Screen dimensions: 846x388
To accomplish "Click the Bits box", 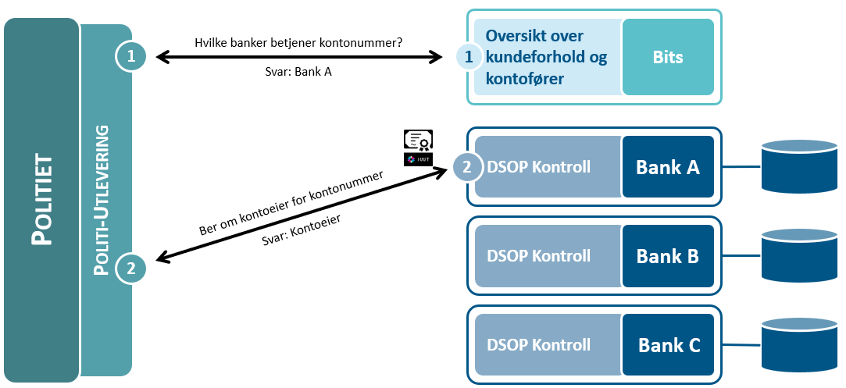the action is pyautogui.click(x=668, y=57).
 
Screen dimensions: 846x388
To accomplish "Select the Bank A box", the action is pyautogui.click(x=668, y=167).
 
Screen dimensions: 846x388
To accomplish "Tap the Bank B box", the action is pyautogui.click(x=668, y=256).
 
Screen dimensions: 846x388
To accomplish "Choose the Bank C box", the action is pyautogui.click(x=668, y=345).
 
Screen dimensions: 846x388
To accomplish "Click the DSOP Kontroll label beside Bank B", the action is pyautogui.click(x=538, y=256).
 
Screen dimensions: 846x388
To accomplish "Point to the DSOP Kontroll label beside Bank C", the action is pyautogui.click(x=538, y=345).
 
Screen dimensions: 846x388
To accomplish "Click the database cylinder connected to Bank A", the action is pyautogui.click(x=799, y=166).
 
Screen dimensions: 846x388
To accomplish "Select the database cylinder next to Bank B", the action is pyautogui.click(x=799, y=256).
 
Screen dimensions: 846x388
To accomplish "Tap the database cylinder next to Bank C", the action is pyautogui.click(x=799, y=345).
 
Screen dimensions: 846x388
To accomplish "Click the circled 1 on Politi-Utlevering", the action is pyautogui.click(x=130, y=55).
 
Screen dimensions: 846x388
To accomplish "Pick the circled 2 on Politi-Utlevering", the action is pyautogui.click(x=130, y=268).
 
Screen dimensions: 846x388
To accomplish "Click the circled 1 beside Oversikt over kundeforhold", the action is pyautogui.click(x=469, y=57).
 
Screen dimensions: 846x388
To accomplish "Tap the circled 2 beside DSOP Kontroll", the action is pyautogui.click(x=467, y=167).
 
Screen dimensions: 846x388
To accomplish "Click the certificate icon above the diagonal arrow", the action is pyautogui.click(x=419, y=140).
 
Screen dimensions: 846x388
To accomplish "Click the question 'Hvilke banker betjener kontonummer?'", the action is pyautogui.click(x=298, y=43).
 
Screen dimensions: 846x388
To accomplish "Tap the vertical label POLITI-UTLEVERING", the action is pyautogui.click(x=101, y=201).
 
